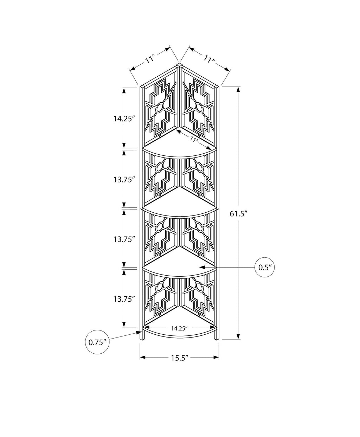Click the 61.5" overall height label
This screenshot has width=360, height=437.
239,214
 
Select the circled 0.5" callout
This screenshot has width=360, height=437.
265,267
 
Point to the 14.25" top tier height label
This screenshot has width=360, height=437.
123,119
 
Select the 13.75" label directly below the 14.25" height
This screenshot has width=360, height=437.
123,179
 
